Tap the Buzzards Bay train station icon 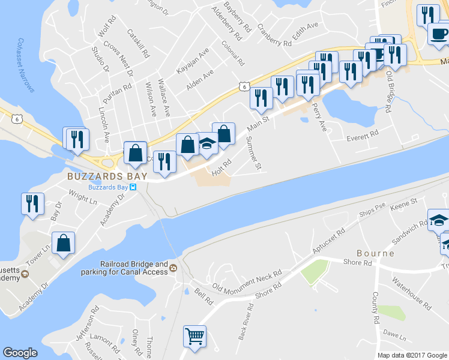tap(134, 187)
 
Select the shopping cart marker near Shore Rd tap(194, 337)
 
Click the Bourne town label tap(375, 253)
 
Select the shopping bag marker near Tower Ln tap(63, 243)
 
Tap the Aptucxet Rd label tap(328, 240)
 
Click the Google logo tap(20, 353)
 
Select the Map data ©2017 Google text tap(412, 355)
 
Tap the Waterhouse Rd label tap(411, 294)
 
